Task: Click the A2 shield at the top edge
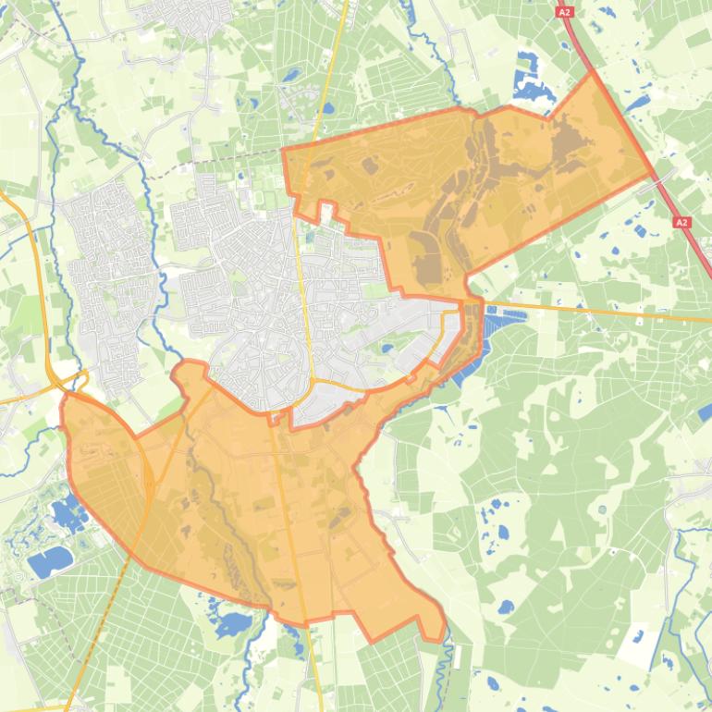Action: (x=565, y=13)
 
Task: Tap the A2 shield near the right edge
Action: (x=681, y=223)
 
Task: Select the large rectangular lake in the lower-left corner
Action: (x=51, y=559)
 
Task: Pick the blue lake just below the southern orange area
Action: (x=232, y=620)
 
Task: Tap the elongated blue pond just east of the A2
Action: (x=636, y=103)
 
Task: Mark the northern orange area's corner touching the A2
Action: (x=592, y=73)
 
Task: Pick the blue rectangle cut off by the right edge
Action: (x=706, y=411)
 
